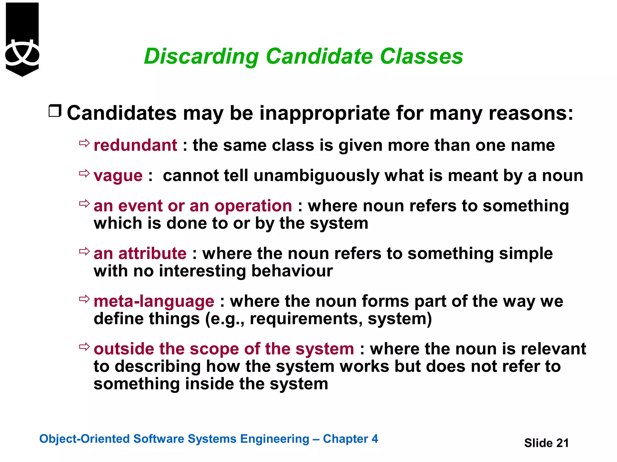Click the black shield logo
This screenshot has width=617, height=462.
point(22,39)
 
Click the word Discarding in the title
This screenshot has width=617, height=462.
point(201,57)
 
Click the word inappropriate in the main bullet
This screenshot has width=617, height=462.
point(325,113)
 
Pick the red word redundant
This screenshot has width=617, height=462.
point(135,145)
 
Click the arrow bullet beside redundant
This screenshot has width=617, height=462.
point(84,143)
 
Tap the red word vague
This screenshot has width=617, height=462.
point(118,176)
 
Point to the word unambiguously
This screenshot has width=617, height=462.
point(316,176)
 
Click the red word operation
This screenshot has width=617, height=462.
point(253,206)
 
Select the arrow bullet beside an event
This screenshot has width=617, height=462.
point(84,204)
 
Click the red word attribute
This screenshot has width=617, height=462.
point(152,253)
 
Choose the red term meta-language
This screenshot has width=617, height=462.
point(154,301)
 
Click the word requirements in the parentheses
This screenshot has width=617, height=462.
point(306,319)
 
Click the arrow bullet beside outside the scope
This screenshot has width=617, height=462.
point(84,346)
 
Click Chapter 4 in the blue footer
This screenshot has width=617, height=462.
point(350,439)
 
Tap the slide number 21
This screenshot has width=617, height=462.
point(562,443)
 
